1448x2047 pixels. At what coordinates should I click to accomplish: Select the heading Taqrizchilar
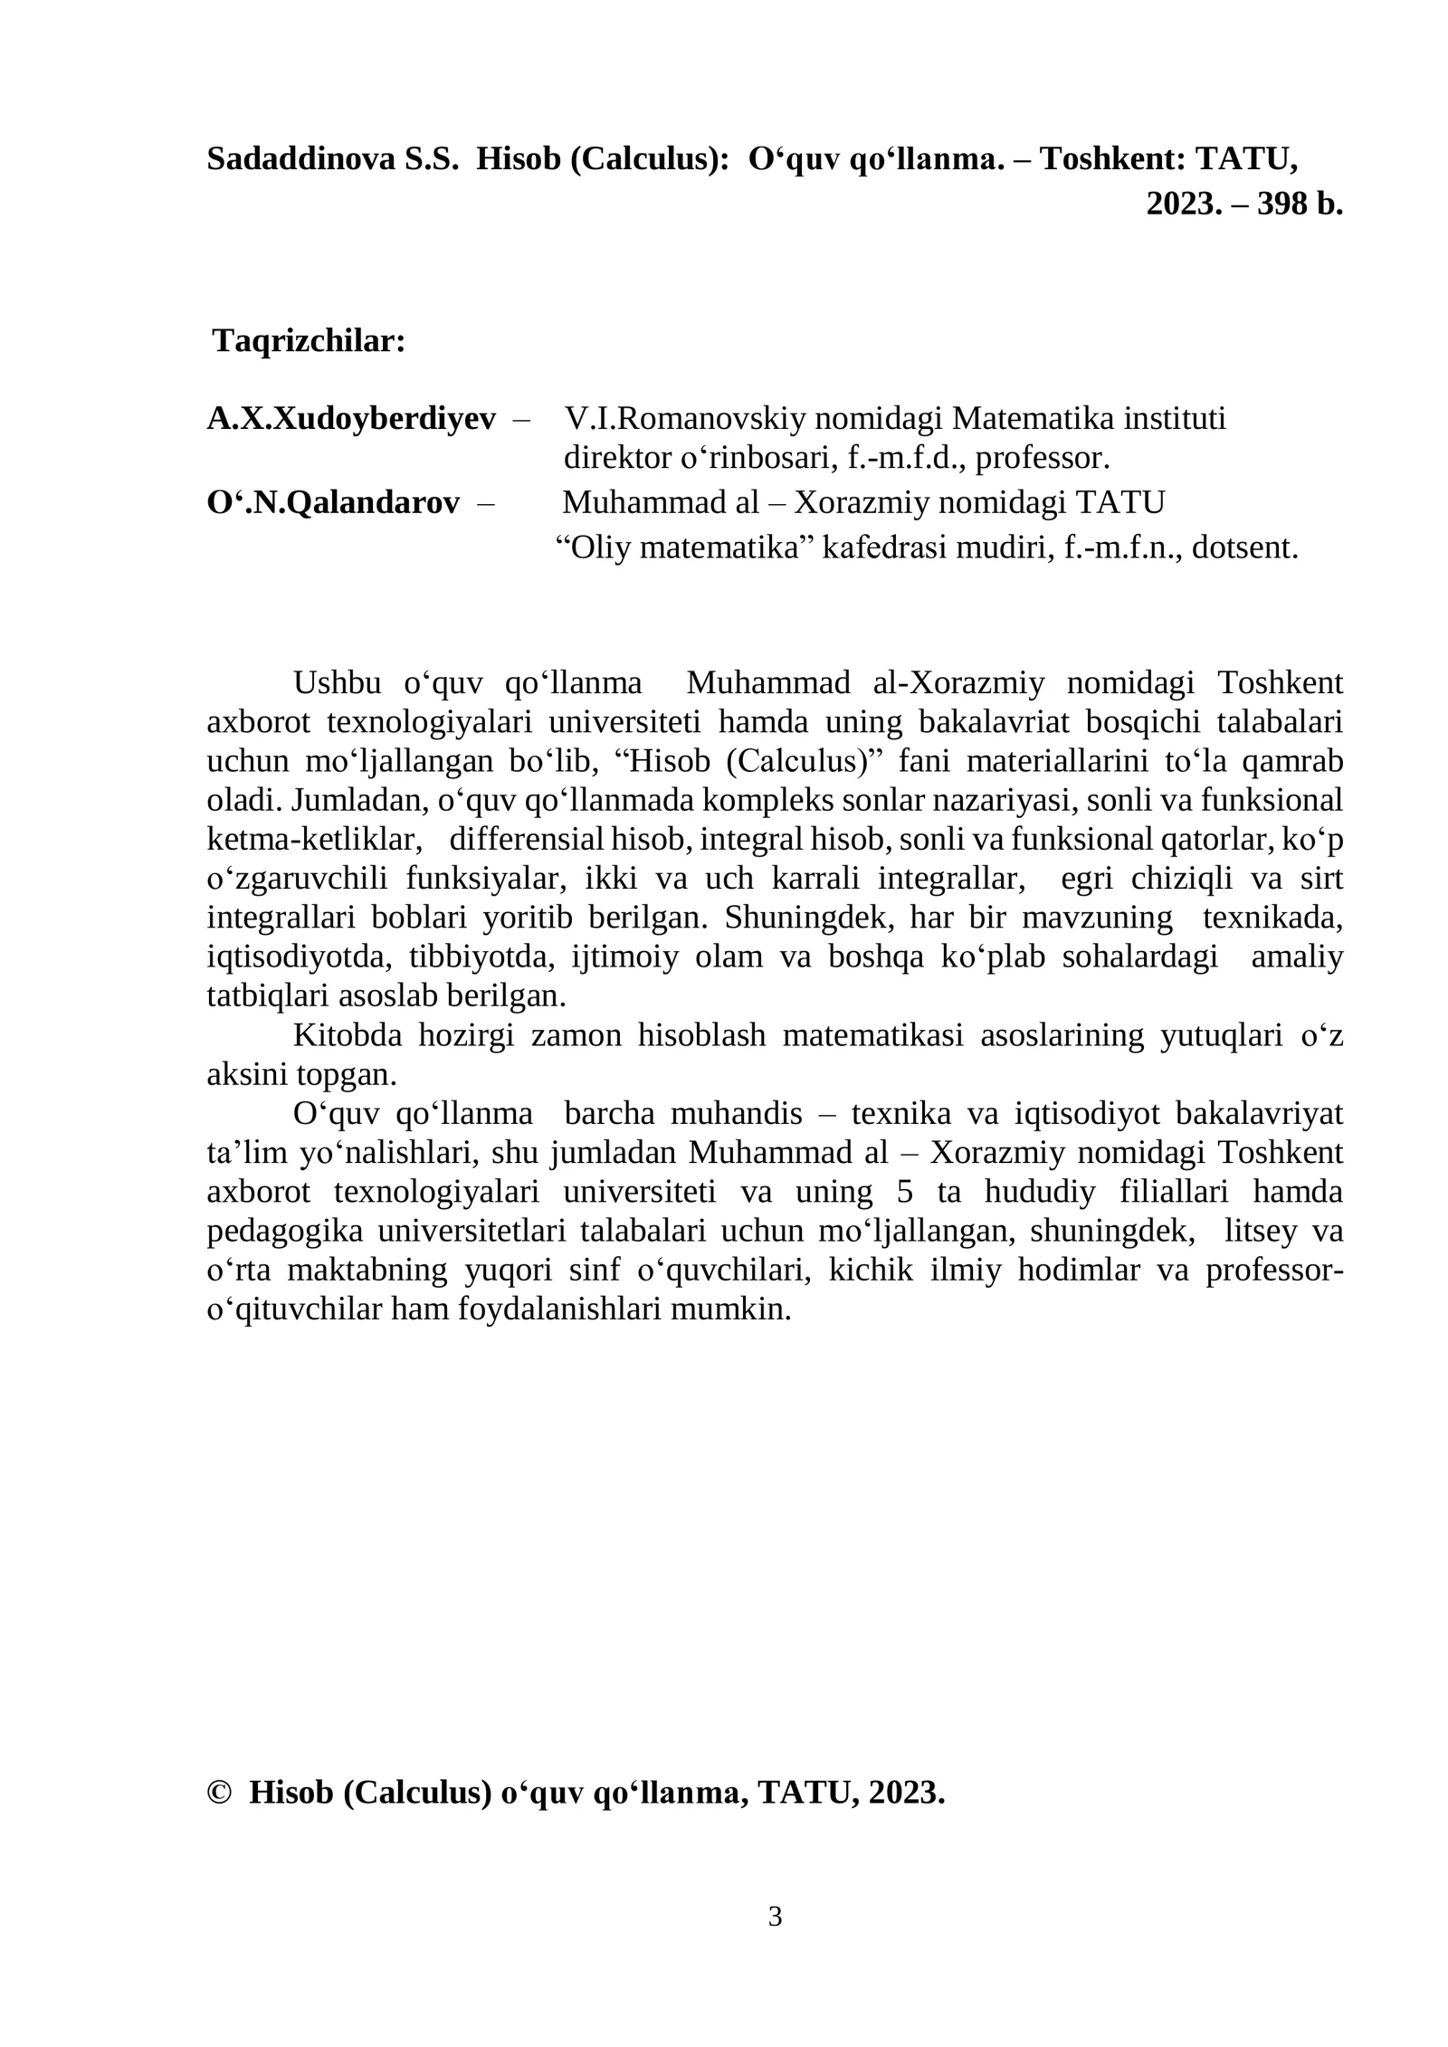click(309, 341)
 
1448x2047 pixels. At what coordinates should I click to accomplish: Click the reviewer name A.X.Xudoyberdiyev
click(351, 419)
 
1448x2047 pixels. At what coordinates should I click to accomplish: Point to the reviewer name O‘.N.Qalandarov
click(333, 502)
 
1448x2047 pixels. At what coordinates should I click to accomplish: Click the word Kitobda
click(348, 1035)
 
